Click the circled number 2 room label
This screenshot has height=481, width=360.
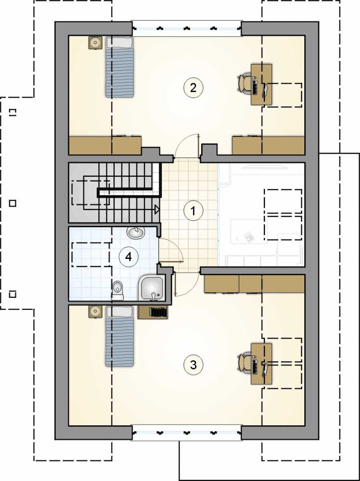click(193, 88)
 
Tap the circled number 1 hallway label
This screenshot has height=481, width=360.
click(193, 211)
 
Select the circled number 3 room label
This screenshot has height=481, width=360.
click(193, 365)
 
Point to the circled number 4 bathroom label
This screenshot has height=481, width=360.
click(128, 257)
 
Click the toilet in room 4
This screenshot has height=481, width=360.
click(118, 290)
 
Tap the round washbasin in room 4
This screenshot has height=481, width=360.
click(136, 233)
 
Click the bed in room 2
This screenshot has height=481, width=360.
click(119, 67)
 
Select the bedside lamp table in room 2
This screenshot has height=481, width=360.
click(95, 42)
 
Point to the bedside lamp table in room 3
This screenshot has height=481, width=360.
click(95, 311)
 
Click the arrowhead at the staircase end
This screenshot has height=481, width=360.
click(157, 209)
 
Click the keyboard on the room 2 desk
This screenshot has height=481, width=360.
click(255, 87)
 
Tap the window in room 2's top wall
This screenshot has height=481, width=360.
click(187, 28)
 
